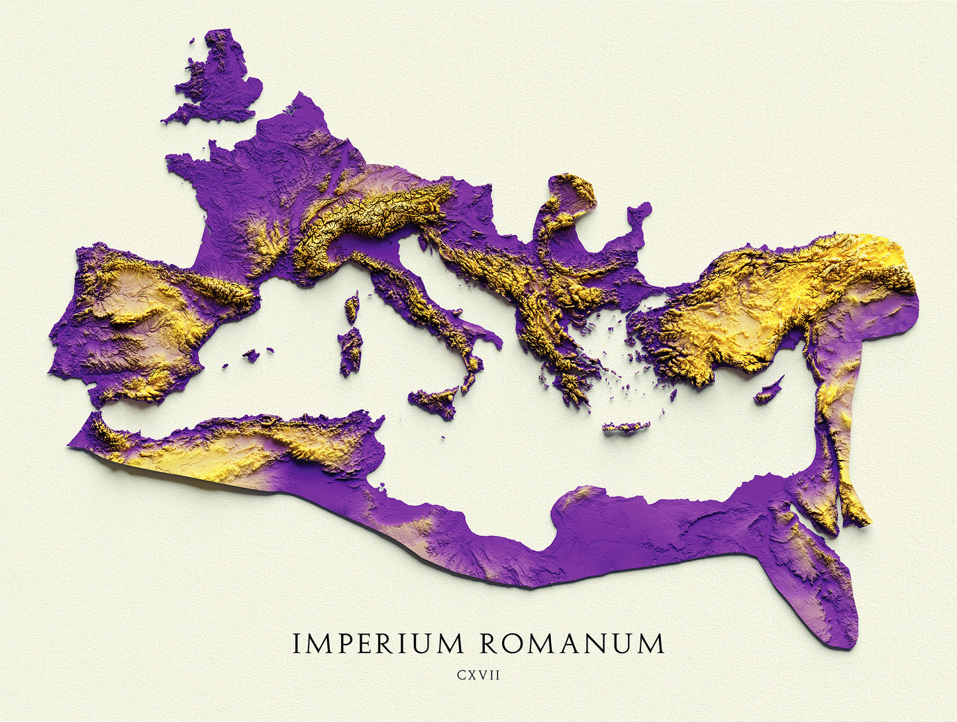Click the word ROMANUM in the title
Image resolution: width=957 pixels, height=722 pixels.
570,643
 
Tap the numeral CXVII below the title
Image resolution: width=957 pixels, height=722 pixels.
478,676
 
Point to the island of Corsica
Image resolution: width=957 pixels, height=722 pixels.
352,308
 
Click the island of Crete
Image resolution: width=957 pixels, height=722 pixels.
625,428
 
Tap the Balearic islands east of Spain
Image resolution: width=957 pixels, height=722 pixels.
251,356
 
